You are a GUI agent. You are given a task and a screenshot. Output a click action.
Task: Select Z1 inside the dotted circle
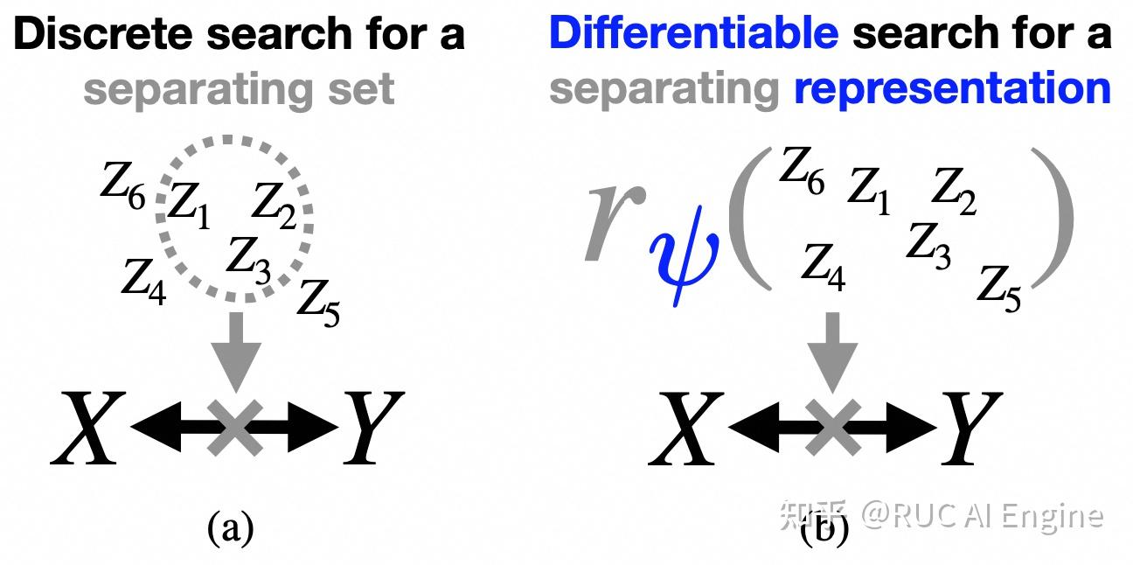point(188,206)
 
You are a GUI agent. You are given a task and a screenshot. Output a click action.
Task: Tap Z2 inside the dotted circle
point(275,203)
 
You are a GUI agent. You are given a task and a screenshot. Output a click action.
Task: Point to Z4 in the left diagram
point(143,280)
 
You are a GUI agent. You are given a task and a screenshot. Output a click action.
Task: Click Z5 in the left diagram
point(317,302)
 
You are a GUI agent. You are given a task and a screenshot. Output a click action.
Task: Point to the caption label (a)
point(230,528)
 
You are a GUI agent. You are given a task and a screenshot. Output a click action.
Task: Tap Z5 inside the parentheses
point(999,287)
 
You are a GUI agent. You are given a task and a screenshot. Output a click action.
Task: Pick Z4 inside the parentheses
point(824,265)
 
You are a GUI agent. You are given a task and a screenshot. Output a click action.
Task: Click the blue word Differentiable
point(693,33)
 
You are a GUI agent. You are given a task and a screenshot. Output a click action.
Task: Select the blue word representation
point(952,87)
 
